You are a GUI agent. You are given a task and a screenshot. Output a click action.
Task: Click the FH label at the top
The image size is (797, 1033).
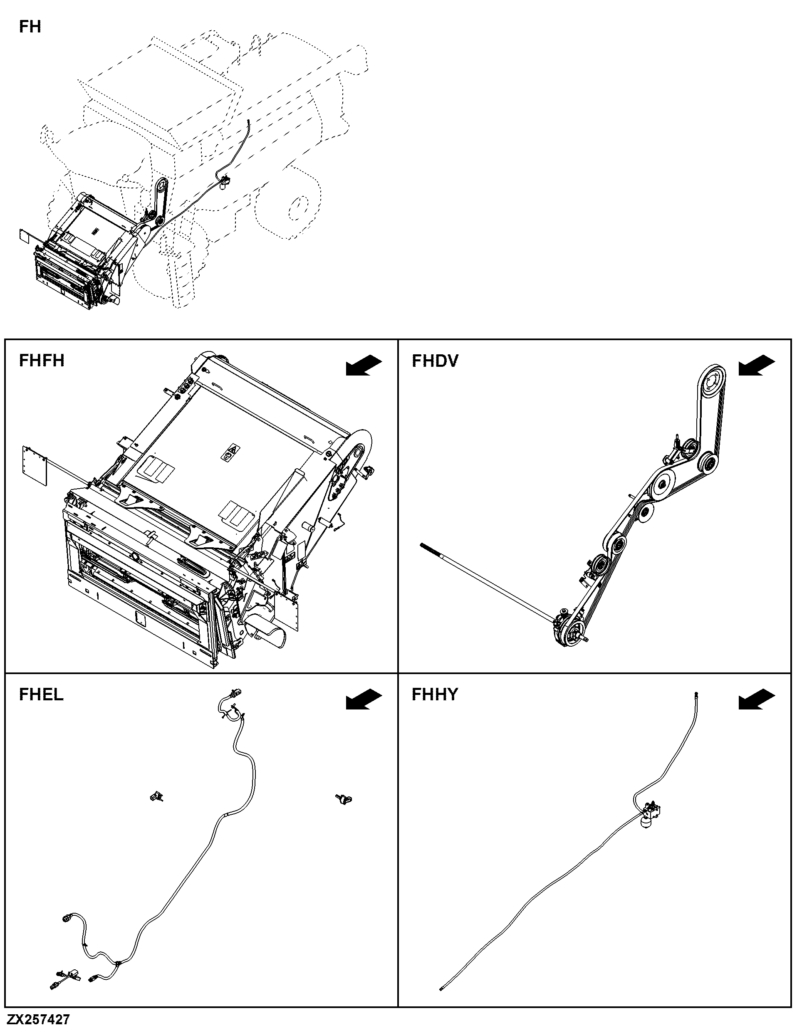pos(30,27)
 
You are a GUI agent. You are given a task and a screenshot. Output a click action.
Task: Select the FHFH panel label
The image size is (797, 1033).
pos(42,361)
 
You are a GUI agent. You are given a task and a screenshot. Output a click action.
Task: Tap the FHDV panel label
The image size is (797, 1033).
pos(435,361)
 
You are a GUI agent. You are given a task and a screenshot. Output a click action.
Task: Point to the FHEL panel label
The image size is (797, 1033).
pos(41,694)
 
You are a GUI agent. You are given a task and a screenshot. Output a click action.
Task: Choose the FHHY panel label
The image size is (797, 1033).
pos(435,694)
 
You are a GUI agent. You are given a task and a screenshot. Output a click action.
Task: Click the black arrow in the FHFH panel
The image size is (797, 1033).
pos(364,366)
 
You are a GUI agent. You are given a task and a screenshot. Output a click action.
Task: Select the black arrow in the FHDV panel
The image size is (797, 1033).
pos(757,366)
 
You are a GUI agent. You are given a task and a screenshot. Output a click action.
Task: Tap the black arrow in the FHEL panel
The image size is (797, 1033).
pos(364,699)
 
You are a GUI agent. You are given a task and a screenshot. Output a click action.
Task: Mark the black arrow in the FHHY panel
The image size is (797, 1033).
pos(757,699)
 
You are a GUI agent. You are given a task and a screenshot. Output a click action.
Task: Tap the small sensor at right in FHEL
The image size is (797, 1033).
pos(344,799)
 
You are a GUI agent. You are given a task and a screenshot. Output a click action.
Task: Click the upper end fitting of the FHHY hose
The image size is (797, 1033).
pos(696,694)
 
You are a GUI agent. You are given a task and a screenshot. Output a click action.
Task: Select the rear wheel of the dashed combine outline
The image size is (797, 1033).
pos(295,203)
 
